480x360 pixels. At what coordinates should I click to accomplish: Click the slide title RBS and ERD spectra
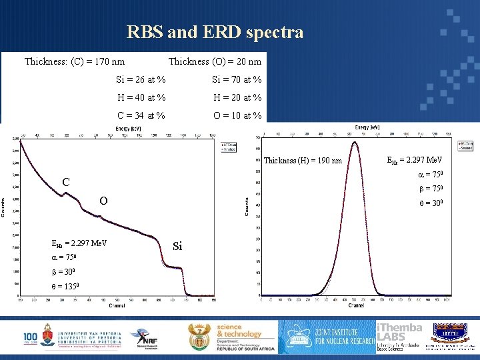(215, 32)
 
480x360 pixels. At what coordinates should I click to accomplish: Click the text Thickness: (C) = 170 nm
(74, 62)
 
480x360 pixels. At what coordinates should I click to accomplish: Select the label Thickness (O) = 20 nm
(215, 62)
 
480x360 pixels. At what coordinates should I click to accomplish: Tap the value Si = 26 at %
(141, 80)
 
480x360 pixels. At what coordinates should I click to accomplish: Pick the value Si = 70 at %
(237, 80)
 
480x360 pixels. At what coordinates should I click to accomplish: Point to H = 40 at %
(141, 97)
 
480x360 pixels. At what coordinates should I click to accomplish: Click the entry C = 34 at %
(141, 115)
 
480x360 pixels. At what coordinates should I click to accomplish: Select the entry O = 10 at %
(237, 115)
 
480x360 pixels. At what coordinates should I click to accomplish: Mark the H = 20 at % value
(237, 97)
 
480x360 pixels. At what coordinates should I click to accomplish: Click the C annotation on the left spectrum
(66, 182)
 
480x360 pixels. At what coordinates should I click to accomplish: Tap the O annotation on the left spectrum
(103, 201)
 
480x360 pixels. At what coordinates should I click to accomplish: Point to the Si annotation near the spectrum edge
(177, 246)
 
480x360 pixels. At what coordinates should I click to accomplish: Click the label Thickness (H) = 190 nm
(303, 161)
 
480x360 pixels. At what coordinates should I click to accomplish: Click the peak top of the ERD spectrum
(355, 142)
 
